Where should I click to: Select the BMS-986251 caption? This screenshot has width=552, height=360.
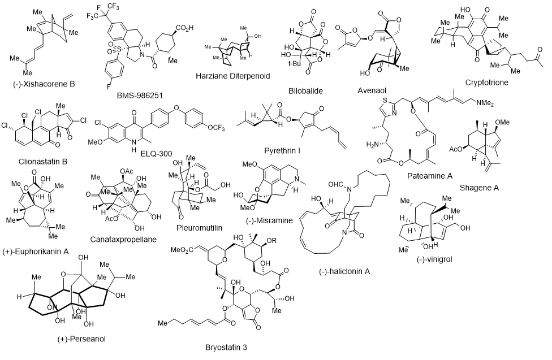coord(140,96)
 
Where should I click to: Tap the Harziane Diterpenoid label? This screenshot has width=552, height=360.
coord(232,76)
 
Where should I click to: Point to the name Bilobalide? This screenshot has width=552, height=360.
coord(305,91)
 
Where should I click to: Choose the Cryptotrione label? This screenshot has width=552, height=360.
coord(486,83)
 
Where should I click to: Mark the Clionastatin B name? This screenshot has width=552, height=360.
coord(42,162)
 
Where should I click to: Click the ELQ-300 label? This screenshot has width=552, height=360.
coord(156,153)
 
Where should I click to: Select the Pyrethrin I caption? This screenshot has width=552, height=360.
coord(282,151)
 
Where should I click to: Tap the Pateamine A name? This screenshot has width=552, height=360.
coord(429,176)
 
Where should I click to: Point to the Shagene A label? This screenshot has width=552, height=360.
coord(479,188)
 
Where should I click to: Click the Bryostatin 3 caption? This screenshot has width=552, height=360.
coord(226,348)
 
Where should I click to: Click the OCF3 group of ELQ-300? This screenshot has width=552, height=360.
coord(216,127)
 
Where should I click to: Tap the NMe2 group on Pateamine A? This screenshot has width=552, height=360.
coord(485,103)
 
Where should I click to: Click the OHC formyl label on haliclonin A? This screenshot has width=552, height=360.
coord(335,184)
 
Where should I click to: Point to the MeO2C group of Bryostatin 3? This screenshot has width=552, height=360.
coord(182,250)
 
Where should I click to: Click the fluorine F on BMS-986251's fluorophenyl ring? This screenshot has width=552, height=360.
coord(109,86)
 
